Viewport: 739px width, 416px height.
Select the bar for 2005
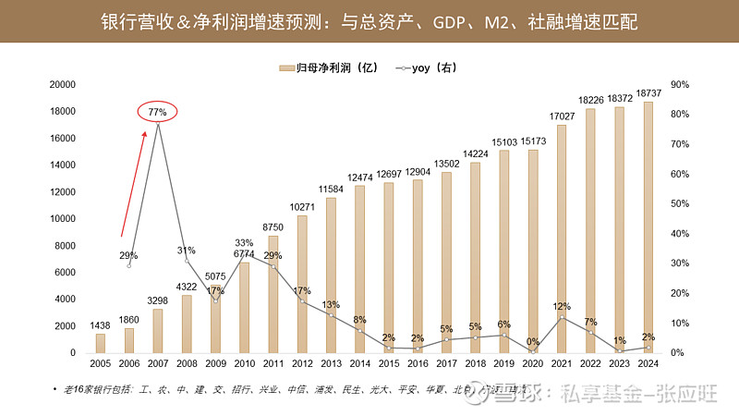pos(101,343)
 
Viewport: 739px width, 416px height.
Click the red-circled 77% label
pos(157,112)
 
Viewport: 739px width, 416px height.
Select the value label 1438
pos(101,325)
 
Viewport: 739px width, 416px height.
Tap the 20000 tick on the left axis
pos(62,84)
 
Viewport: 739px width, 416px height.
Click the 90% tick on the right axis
pos(678,84)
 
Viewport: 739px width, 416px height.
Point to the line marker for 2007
pos(158,124)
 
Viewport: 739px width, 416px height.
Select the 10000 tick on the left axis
pos(62,218)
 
